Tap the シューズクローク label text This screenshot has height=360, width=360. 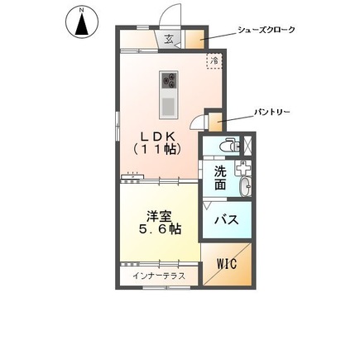(x=266, y=31)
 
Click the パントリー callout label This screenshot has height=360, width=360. (x=271, y=110)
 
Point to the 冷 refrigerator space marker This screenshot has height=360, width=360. (x=214, y=60)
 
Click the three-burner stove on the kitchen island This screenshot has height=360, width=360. (x=169, y=79)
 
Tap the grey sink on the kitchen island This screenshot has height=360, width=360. (x=169, y=106)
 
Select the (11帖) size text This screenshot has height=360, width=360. (x=157, y=151)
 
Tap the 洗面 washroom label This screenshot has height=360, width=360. (x=220, y=178)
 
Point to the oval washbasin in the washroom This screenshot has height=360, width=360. (x=244, y=188)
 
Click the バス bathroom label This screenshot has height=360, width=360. (x=227, y=220)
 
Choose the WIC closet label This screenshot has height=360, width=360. (x=226, y=263)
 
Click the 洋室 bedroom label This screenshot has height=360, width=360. (x=159, y=212)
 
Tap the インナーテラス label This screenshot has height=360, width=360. (x=159, y=276)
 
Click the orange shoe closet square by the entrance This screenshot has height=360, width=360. (x=194, y=39)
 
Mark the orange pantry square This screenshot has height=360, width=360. (x=214, y=122)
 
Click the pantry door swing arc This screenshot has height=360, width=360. (x=195, y=123)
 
